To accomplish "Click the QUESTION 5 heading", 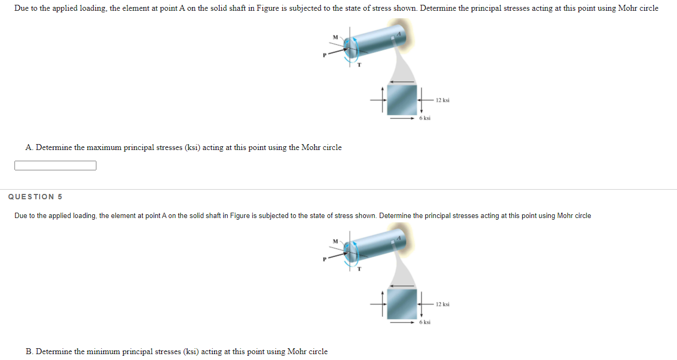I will click(x=35, y=197).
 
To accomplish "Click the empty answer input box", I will click(x=55, y=166).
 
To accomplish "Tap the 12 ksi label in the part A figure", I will click(x=442, y=100).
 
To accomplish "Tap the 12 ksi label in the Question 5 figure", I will click(x=442, y=304).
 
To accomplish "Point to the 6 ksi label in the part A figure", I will click(x=425, y=118).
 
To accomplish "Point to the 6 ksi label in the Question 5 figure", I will click(x=425, y=322).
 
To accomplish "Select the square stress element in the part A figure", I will click(x=402, y=99).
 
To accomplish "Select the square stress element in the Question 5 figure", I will click(x=402, y=303).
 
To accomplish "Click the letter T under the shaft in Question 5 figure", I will click(x=359, y=269).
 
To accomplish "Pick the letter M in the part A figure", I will click(x=335, y=37).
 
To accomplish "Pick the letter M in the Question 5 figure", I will click(x=335, y=241).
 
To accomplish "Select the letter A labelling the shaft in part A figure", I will click(x=398, y=33).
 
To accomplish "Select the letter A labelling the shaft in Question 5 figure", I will click(x=398, y=237).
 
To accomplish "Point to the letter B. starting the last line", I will click(x=29, y=351).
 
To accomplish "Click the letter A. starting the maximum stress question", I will click(x=29, y=147).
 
